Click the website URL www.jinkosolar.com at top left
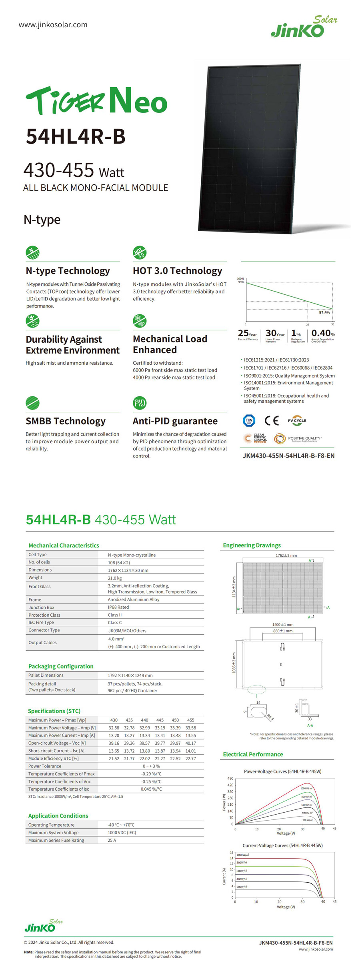click(x=53, y=25)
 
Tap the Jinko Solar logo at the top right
click(x=304, y=27)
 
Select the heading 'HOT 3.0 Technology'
click(x=177, y=271)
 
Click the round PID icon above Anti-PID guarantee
click(x=140, y=403)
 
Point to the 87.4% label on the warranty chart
click(x=324, y=312)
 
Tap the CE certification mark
click(x=272, y=420)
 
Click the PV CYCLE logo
click(x=297, y=420)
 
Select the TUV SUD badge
click(x=249, y=420)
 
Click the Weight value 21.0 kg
click(x=115, y=578)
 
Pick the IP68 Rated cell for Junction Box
click(x=118, y=607)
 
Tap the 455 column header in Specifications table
click(x=191, y=720)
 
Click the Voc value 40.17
click(x=191, y=743)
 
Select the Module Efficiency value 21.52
click(x=114, y=759)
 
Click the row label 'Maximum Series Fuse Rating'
click(x=56, y=840)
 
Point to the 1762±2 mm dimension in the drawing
click(x=286, y=555)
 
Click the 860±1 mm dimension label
click(x=283, y=631)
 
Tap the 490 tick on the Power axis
click(x=230, y=779)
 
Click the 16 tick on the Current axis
click(x=231, y=853)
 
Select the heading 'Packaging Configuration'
click(x=61, y=666)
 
